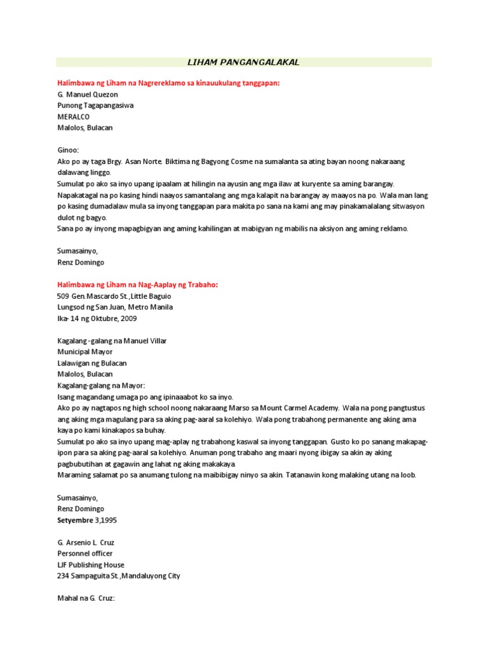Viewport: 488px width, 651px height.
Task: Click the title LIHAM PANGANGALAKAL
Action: [x=243, y=62]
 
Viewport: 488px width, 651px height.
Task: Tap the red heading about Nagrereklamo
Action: [x=168, y=83]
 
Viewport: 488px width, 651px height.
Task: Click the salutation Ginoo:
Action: [x=68, y=150]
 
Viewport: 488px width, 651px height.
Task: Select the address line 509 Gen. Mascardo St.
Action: [x=114, y=296]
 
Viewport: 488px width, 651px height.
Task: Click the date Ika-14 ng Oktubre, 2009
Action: [x=97, y=319]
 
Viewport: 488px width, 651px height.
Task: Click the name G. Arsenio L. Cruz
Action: [x=88, y=542]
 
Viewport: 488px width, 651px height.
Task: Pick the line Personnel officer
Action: [x=85, y=554]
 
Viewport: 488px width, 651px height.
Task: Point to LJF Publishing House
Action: [x=91, y=565]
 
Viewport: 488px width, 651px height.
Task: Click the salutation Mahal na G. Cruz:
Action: [x=86, y=598]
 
